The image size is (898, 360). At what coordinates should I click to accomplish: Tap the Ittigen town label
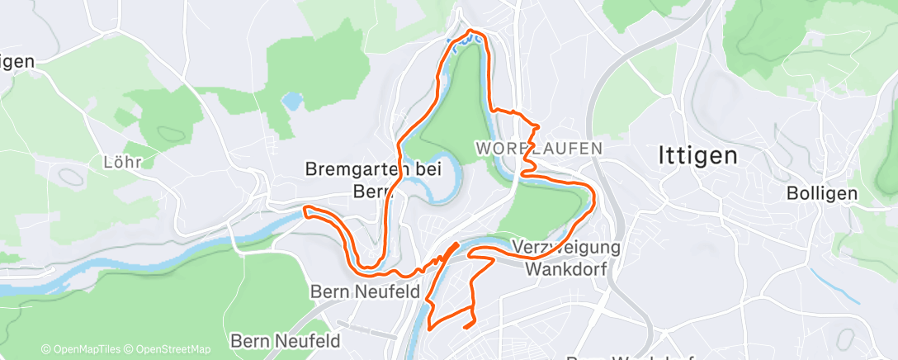[697, 155]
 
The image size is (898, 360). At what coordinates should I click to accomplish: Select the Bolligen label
[822, 193]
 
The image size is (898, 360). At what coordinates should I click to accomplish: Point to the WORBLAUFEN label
[539, 149]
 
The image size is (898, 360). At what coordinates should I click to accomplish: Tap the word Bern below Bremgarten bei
[375, 192]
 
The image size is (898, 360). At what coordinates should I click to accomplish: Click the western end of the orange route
[305, 211]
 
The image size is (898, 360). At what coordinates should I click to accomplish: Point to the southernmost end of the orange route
[467, 327]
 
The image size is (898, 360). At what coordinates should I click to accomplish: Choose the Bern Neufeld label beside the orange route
[365, 291]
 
